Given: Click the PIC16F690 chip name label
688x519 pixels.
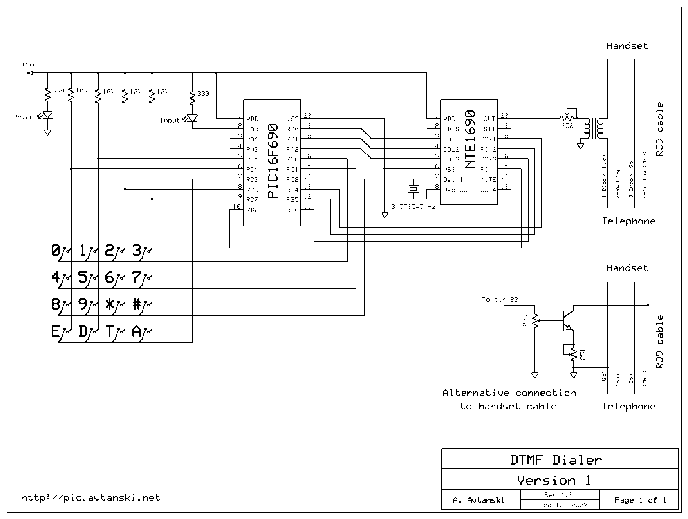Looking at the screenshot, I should click(x=273, y=161).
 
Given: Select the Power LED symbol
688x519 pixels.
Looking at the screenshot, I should click(x=47, y=116).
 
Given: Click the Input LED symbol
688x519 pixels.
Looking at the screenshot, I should click(x=193, y=119).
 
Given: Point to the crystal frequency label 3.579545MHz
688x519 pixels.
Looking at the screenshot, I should click(x=413, y=207).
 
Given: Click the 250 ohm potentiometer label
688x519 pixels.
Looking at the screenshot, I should click(x=567, y=126).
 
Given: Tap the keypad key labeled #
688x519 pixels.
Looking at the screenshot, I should click(x=137, y=304).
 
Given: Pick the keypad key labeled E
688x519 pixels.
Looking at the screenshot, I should click(x=55, y=331).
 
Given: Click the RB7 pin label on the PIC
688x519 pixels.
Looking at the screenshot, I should click(x=252, y=210).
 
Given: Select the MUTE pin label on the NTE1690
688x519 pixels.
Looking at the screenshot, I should click(x=488, y=180).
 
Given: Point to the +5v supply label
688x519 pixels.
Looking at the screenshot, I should click(x=28, y=65).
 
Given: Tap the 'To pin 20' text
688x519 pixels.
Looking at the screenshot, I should click(x=500, y=300).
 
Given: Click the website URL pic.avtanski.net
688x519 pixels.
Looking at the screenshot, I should click(x=91, y=498).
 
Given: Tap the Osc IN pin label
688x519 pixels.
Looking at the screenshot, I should click(x=455, y=180).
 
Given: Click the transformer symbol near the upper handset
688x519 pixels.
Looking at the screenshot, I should click(x=594, y=128).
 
